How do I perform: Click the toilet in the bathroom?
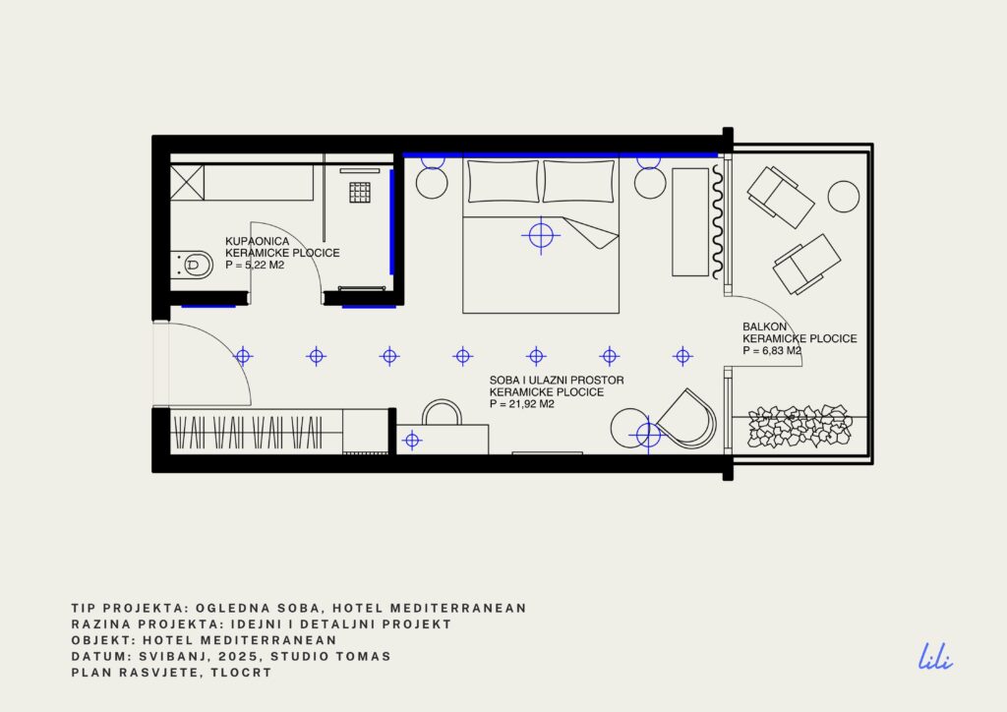click(192, 264)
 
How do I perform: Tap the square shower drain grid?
click(360, 192)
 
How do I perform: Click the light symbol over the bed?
click(541, 236)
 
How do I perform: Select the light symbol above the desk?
click(412, 441)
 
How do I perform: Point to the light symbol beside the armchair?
click(648, 436)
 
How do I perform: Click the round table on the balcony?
click(843, 197)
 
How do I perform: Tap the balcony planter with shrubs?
click(800, 426)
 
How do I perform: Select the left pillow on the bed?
click(503, 182)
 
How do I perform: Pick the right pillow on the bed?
click(578, 182)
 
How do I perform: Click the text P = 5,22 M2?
click(255, 265)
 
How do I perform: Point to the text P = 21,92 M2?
click(521, 404)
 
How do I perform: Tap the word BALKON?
click(764, 326)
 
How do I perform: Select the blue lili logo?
click(935, 658)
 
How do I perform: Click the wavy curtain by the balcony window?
click(718, 222)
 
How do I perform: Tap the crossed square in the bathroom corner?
click(187, 182)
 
